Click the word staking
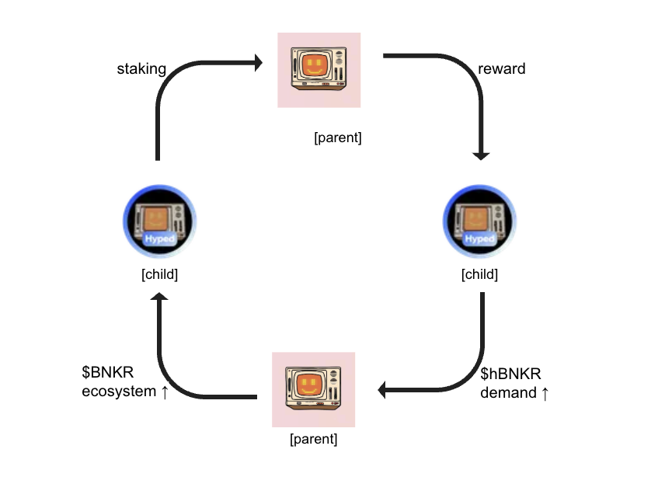[141, 69]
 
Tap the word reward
[501, 69]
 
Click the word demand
[508, 393]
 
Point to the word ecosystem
[119, 392]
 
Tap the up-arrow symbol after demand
[545, 394]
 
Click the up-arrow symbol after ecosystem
[165, 392]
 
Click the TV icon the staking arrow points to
[319, 70]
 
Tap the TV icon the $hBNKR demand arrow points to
[313, 389]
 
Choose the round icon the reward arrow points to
[479, 222]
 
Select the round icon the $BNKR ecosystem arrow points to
[160, 222]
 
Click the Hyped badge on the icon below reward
[479, 239]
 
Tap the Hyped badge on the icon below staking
[160, 239]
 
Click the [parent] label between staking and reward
[338, 138]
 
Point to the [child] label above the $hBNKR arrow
[479, 275]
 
